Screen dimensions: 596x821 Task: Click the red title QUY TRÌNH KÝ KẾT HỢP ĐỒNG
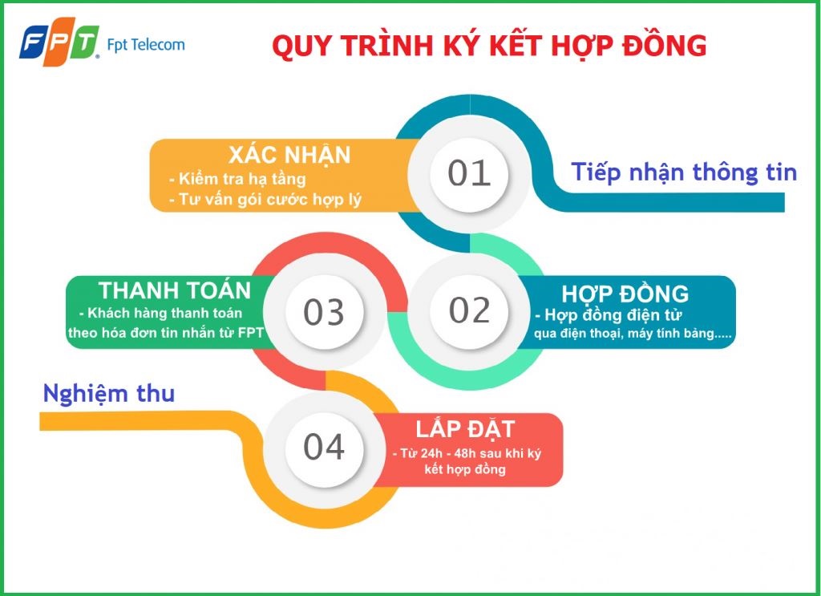coord(489,47)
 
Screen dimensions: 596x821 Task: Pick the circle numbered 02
coord(469,310)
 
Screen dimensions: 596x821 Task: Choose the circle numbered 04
coord(324,447)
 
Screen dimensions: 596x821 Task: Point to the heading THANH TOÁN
coord(175,290)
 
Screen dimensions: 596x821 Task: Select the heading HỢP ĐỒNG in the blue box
coord(625,294)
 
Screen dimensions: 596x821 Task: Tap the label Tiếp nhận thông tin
coord(684,172)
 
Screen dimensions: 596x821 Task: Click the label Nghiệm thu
coord(108,394)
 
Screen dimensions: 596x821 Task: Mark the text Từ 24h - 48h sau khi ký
coord(467,453)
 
